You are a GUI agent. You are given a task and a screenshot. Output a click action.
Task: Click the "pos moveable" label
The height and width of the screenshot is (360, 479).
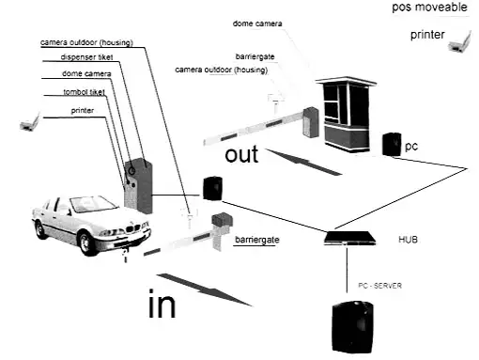(429, 7)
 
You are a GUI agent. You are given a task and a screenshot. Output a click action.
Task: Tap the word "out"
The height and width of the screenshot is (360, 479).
(241, 154)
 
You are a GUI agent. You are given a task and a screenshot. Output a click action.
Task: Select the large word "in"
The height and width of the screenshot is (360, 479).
(162, 304)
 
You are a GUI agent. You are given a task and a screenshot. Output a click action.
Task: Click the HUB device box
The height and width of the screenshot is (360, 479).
(349, 238)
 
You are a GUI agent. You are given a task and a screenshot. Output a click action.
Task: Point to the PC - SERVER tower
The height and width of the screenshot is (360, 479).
(353, 327)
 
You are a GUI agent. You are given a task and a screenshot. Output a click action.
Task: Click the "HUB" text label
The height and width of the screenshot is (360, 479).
(408, 240)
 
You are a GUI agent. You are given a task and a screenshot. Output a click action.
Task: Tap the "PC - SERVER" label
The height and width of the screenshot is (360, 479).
(379, 286)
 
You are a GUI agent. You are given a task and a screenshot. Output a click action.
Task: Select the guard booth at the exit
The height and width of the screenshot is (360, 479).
(347, 114)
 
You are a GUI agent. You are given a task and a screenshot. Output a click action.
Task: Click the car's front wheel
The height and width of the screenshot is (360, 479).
(85, 243)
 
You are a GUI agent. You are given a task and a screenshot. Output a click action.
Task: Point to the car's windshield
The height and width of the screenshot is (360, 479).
(93, 204)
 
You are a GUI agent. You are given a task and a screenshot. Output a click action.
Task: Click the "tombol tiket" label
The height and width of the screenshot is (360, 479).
(84, 92)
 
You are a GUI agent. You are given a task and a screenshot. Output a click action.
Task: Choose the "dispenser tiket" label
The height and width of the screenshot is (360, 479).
(86, 57)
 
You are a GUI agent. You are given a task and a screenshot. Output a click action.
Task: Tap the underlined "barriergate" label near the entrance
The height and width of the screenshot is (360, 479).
(257, 240)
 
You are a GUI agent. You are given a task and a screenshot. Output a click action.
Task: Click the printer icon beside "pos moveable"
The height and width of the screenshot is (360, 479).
(459, 42)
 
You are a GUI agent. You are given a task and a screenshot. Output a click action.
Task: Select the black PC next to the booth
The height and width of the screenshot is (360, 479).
(392, 144)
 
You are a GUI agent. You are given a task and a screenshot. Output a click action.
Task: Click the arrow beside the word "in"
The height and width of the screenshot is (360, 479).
(205, 290)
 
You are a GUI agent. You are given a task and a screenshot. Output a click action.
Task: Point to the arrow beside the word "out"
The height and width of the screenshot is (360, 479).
(303, 162)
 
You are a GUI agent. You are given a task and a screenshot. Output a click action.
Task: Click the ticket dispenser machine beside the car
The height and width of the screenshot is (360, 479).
(138, 186)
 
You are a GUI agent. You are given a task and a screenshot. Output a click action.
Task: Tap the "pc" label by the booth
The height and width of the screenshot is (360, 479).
(411, 147)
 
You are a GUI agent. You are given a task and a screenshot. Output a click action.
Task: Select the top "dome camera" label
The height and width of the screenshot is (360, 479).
(257, 23)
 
